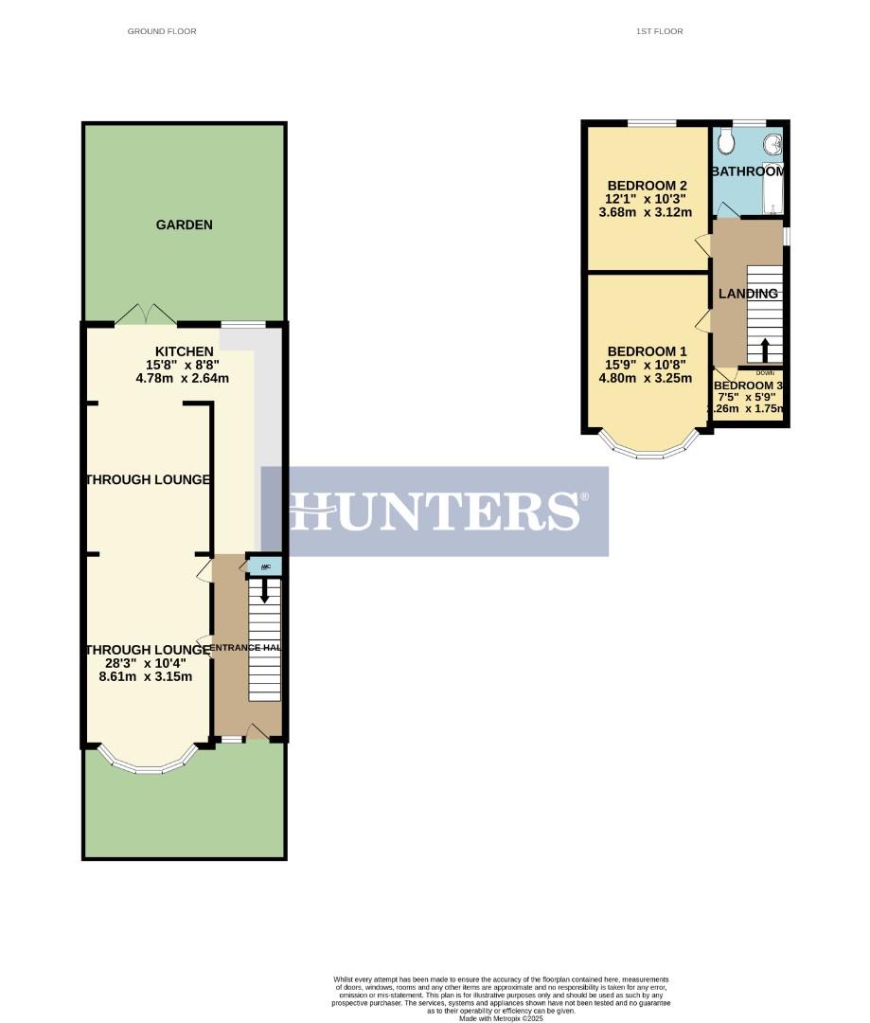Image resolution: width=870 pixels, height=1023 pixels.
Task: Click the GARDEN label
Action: pyautogui.click(x=184, y=225)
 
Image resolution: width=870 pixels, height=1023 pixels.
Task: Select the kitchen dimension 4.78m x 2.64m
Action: pyautogui.click(x=183, y=379)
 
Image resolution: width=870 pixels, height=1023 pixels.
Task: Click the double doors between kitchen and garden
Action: pyautogui.click(x=146, y=314)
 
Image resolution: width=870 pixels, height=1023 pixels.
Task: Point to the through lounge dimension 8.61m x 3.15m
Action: pyautogui.click(x=146, y=676)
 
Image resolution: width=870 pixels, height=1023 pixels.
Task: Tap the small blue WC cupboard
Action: pyautogui.click(x=265, y=566)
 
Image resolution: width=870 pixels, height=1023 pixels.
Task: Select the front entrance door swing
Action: pyautogui.click(x=255, y=730)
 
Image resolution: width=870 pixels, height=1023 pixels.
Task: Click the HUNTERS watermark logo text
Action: pyautogui.click(x=435, y=511)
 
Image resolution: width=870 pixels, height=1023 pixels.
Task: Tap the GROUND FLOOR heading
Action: pyautogui.click(x=162, y=31)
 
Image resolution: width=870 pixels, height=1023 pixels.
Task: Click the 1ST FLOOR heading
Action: pyautogui.click(x=660, y=31)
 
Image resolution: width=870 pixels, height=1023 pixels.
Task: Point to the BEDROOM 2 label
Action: pyautogui.click(x=647, y=186)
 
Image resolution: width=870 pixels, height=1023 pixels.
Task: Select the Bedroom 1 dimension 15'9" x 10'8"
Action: pyautogui.click(x=647, y=364)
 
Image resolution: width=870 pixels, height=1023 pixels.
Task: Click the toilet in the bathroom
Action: pyautogui.click(x=726, y=142)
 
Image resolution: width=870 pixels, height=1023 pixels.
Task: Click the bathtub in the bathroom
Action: pyautogui.click(x=775, y=189)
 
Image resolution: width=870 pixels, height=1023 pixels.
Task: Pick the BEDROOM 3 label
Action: pyautogui.click(x=748, y=386)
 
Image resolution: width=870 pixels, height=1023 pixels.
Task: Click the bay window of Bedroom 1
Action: pyautogui.click(x=648, y=449)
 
